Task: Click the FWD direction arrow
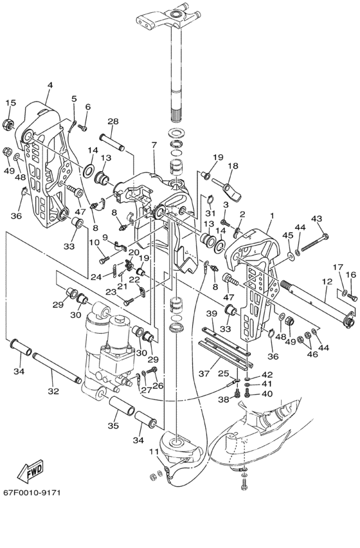[31, 471]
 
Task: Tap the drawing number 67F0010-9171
[32, 493]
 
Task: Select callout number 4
[50, 85]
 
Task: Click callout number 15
[11, 103]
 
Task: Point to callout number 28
[113, 122]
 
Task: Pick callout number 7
[154, 145]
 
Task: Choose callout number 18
[233, 166]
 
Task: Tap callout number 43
[317, 219]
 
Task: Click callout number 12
[327, 281]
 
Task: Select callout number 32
[53, 392]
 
